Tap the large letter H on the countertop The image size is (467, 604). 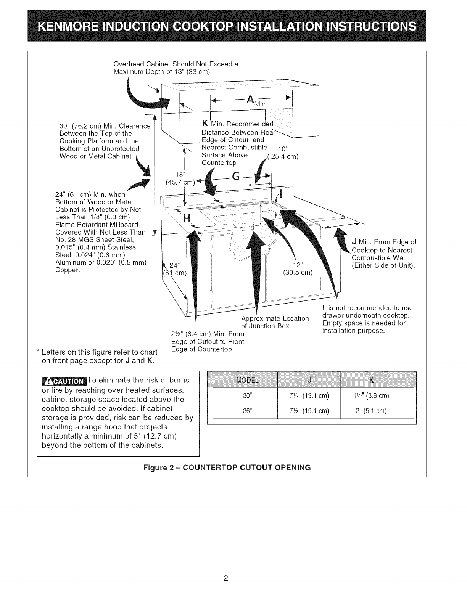187,219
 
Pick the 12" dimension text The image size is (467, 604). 298,265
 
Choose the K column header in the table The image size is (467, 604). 371,380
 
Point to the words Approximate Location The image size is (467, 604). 275,318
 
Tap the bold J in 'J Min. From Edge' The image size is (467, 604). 354,242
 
